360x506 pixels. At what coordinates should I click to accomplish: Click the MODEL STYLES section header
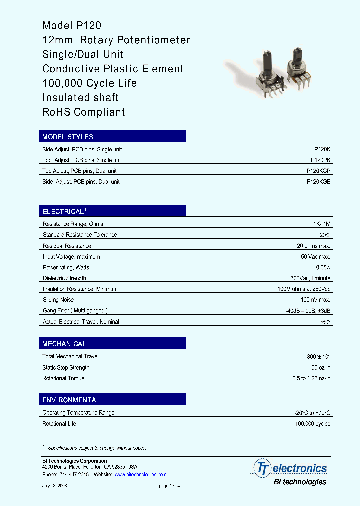click(68, 137)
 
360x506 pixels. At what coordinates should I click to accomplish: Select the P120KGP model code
click(318, 171)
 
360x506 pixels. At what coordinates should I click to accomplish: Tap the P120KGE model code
click(318, 182)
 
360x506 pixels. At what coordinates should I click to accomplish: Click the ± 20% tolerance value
click(322, 235)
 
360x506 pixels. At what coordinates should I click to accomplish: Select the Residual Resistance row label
click(67, 246)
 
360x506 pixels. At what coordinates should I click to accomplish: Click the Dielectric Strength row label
click(64, 278)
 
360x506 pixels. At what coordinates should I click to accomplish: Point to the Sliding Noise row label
click(58, 300)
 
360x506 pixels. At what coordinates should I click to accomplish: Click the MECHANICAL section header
click(64, 344)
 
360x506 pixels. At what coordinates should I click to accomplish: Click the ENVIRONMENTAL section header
click(71, 400)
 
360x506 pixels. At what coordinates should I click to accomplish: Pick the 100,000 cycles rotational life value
click(312, 424)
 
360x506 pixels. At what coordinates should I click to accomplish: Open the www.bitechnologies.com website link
click(140, 474)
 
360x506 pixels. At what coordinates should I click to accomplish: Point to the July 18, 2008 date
click(54, 486)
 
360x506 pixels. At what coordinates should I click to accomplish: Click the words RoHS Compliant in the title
click(84, 112)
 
